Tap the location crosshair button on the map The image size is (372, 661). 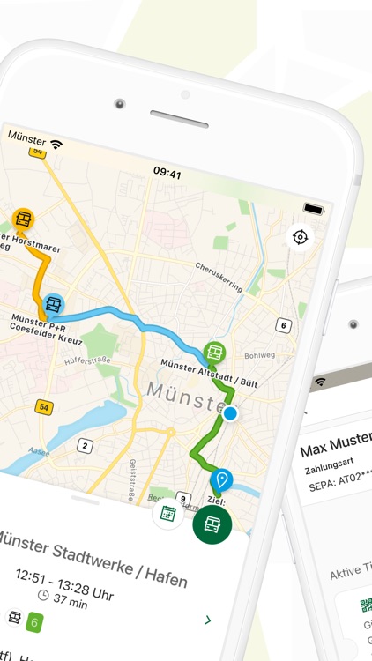point(301,237)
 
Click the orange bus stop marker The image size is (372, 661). point(23,219)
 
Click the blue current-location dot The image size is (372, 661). point(230,412)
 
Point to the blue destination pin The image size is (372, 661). point(221,479)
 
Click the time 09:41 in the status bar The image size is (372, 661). point(167,174)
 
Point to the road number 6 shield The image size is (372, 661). point(283,325)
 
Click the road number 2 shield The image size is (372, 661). point(84,445)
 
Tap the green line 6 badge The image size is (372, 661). point(34,620)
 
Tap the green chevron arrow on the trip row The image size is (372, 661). point(207,620)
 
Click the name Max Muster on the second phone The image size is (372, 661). point(335,450)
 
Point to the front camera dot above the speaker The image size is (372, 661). point(118,104)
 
